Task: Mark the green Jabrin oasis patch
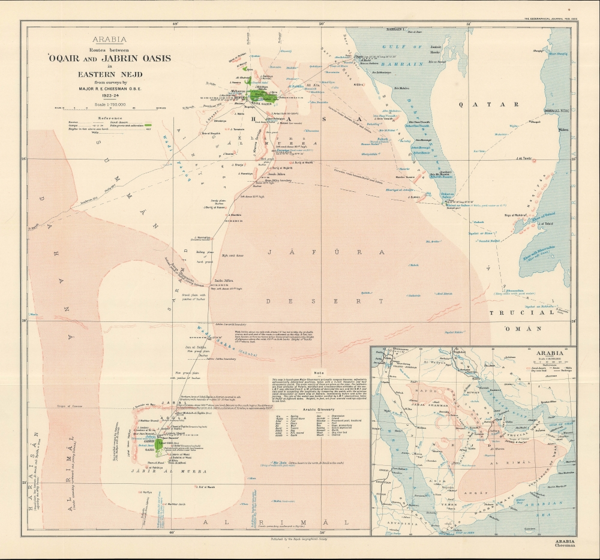point(158,444)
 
